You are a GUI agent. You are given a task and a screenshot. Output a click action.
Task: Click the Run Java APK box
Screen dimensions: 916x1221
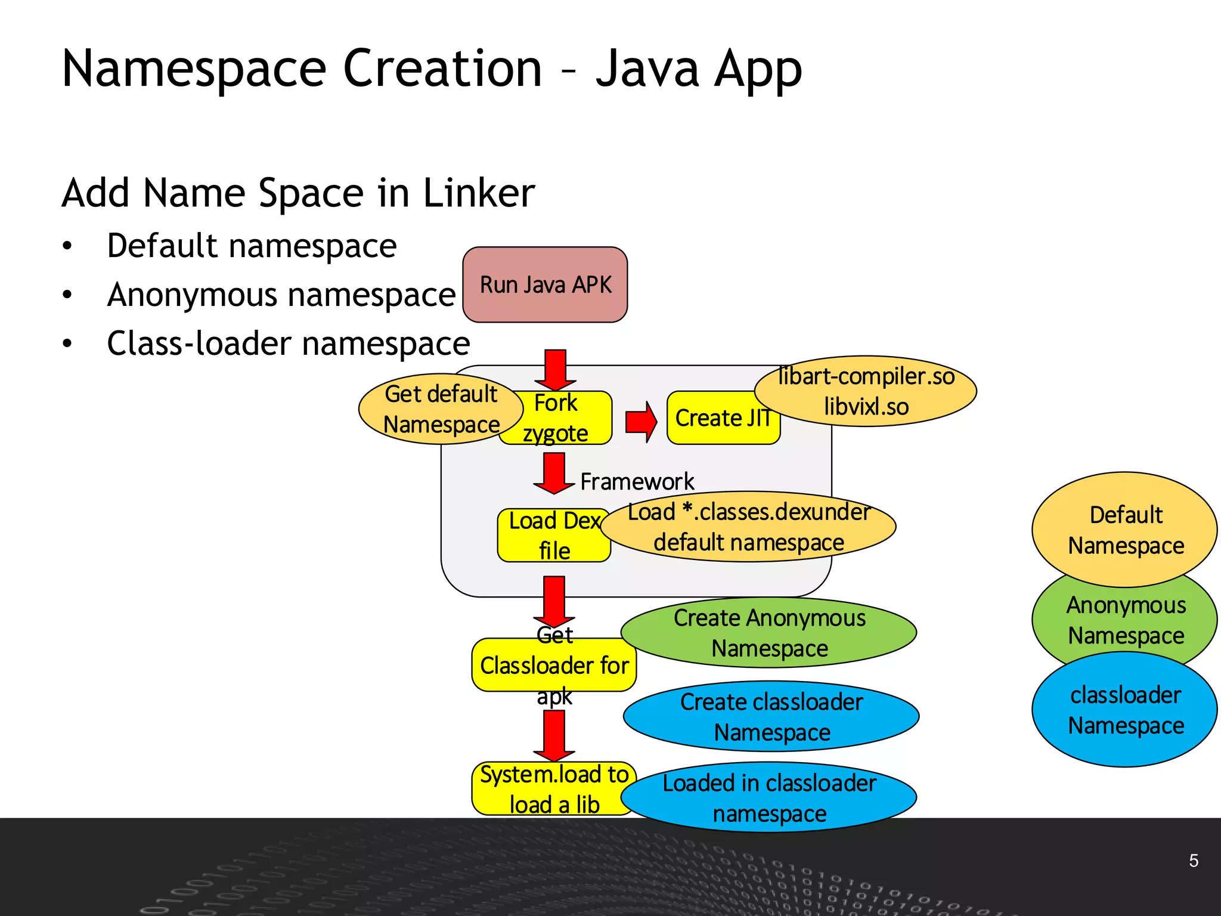(545, 284)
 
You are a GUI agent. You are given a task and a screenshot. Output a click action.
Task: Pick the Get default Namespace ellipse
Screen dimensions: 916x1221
(441, 409)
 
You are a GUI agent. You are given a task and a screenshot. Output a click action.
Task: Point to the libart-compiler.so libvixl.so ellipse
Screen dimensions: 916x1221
(866, 391)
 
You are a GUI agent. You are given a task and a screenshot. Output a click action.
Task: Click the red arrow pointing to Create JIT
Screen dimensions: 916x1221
(641, 421)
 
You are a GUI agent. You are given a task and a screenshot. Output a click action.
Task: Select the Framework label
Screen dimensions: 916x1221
(637, 481)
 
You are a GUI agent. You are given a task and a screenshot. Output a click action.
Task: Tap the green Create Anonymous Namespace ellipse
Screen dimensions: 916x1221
(769, 633)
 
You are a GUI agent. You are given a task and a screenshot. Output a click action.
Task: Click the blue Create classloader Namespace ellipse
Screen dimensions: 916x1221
(771, 716)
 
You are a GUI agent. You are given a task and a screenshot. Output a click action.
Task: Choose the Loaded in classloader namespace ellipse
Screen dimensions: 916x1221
(769, 797)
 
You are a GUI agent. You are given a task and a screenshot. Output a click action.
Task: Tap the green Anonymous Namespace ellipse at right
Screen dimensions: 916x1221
(1125, 620)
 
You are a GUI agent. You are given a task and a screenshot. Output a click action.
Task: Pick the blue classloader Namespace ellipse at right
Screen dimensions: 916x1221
(1125, 710)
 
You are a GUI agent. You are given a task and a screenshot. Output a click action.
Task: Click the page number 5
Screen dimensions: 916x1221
(1194, 861)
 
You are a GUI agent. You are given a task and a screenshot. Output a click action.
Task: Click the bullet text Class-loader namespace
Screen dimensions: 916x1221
(288, 343)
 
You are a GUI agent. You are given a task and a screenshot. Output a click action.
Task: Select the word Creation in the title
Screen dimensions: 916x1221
(442, 68)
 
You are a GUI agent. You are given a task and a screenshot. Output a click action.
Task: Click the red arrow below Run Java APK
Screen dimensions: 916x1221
(555, 370)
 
